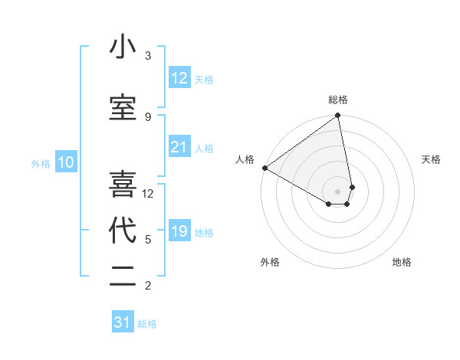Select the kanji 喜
pos(123,185)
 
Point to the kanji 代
pos(123,231)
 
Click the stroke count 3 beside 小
pos(148,56)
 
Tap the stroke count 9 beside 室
pos(148,116)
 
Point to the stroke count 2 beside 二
pos(148,286)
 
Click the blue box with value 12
pos(179,78)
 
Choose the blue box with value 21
pos(179,147)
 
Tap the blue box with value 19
pos(179,231)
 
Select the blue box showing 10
pos(65,162)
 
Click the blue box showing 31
pos(123,322)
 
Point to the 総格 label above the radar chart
pos(338,100)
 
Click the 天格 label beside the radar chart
pos(432,159)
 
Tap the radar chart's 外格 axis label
pos(270,262)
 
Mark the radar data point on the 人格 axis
pos(264,168)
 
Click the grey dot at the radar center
pos(338,190)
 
